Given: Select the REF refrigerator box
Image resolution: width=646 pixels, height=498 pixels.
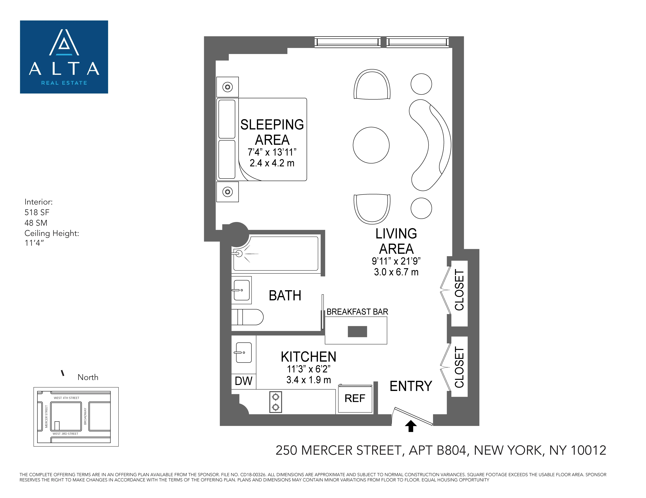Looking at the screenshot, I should [x=355, y=399].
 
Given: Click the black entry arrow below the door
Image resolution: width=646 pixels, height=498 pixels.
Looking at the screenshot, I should [x=411, y=426].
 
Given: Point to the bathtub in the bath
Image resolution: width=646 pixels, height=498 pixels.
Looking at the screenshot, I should [x=276, y=253].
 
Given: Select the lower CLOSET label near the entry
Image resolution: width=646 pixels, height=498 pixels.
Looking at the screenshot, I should [x=459, y=367].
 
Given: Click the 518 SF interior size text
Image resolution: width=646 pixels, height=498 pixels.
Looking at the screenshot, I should [x=37, y=212].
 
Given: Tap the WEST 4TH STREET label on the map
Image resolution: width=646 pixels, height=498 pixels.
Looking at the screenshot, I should [x=67, y=398].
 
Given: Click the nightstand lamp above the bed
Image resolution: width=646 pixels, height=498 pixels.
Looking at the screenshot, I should [x=227, y=87].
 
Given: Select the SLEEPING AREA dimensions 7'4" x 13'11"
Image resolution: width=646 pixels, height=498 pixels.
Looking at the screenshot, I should [x=272, y=152].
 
